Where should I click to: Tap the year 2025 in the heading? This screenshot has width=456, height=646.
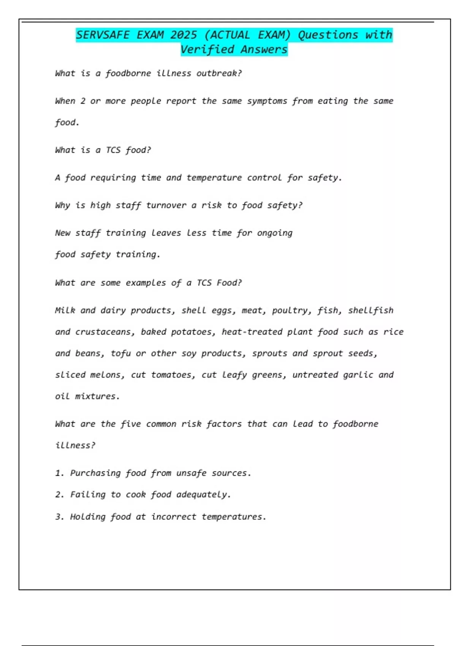(x=184, y=35)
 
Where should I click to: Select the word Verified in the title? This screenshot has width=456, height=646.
(x=207, y=49)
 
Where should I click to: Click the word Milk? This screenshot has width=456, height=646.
(x=65, y=310)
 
